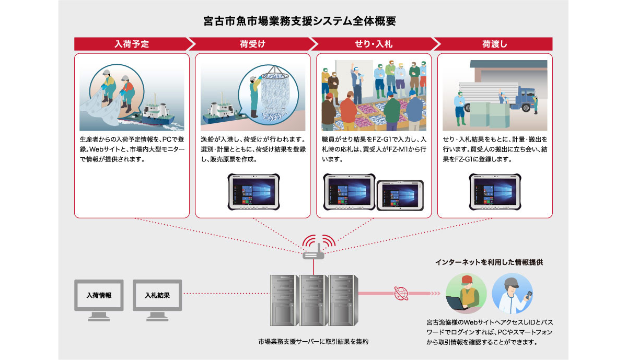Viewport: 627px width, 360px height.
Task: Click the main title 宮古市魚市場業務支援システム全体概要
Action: pyautogui.click(x=299, y=21)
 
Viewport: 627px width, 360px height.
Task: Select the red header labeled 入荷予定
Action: pyautogui.click(x=132, y=44)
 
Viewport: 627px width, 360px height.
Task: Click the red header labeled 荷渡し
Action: pyautogui.click(x=494, y=44)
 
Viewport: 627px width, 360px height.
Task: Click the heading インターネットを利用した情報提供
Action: pyautogui.click(x=489, y=262)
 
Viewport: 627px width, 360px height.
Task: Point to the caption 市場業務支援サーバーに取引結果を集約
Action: pyautogui.click(x=313, y=342)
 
